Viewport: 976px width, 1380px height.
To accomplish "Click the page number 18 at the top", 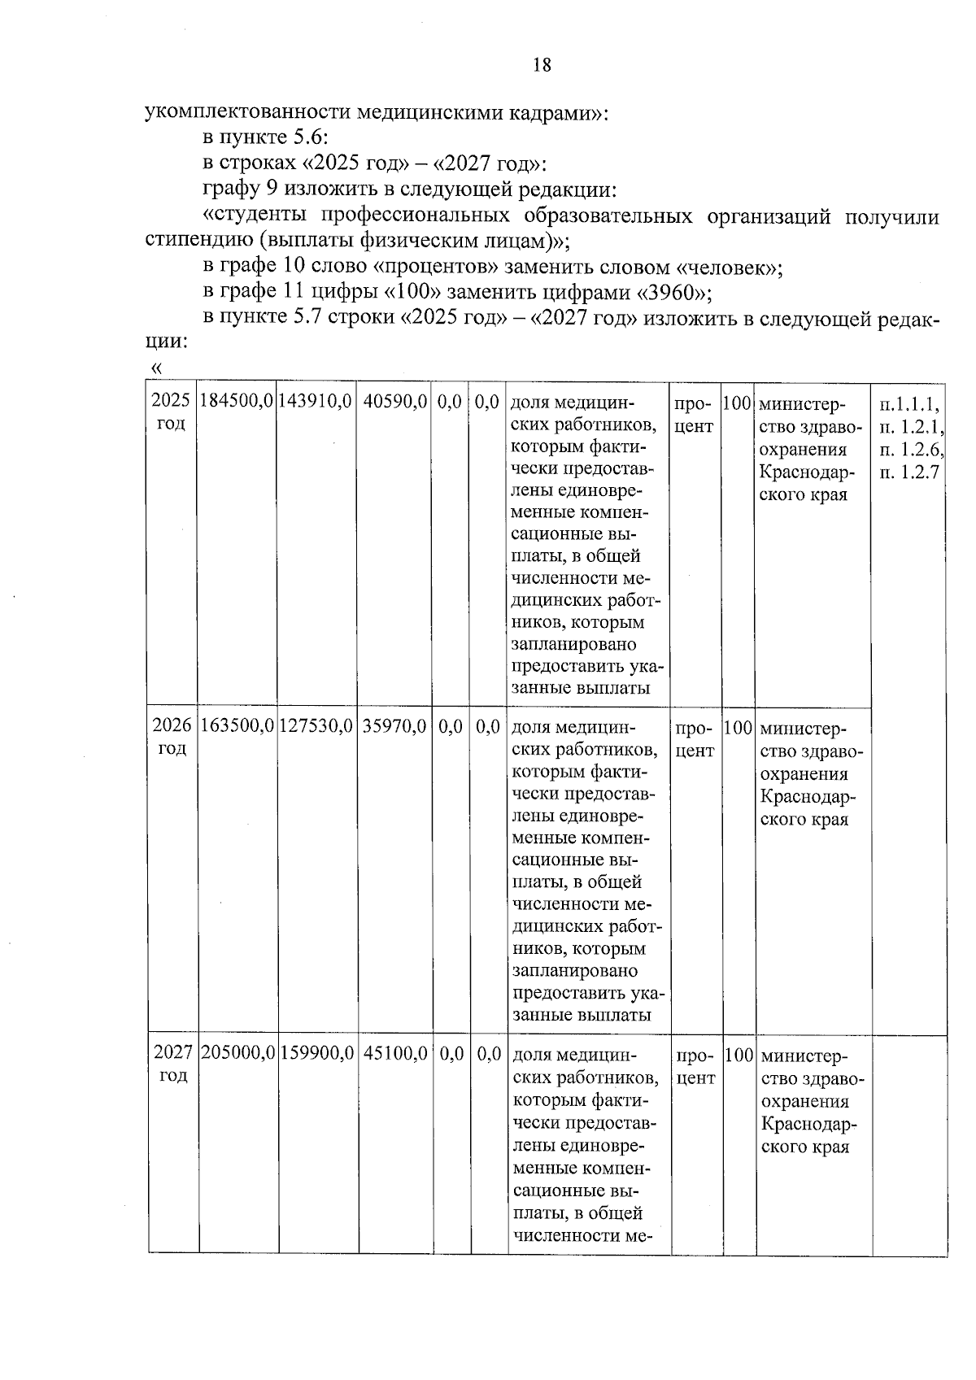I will (x=542, y=65).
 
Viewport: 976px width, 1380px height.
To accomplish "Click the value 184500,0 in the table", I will (x=237, y=402).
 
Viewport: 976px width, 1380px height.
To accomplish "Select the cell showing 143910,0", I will (x=316, y=402).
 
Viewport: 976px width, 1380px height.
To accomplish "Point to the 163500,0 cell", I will (x=237, y=726).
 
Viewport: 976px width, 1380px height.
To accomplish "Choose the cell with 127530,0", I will (x=316, y=726).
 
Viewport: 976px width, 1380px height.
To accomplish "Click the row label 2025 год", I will (x=172, y=412).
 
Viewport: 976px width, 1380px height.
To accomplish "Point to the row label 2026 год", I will (x=172, y=737).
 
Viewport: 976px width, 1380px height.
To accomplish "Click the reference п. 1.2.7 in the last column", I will (x=909, y=472).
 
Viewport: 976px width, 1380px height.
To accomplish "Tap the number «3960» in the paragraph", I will (x=672, y=293).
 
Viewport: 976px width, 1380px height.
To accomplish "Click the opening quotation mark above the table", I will (x=156, y=369).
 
